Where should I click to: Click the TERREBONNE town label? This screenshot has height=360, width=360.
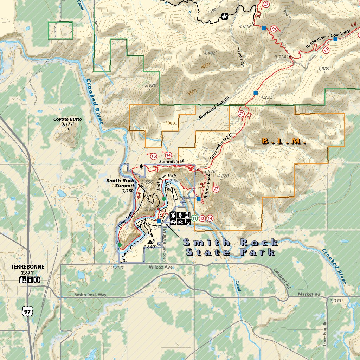pos(28,267)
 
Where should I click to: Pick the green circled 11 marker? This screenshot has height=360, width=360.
pos(194,218)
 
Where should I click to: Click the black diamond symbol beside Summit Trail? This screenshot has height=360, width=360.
pos(141,166)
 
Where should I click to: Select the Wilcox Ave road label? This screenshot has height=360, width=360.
pos(161,268)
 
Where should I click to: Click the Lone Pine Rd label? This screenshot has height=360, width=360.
pos(324,332)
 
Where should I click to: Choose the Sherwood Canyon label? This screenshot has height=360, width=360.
pos(213,108)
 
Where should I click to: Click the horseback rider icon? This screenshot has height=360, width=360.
pos(224,16)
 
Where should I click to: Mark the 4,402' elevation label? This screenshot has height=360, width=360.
pos(210,53)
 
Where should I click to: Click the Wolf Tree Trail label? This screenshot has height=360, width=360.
pos(166,182)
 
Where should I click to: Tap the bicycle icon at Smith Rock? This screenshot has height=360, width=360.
pos(180,221)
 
